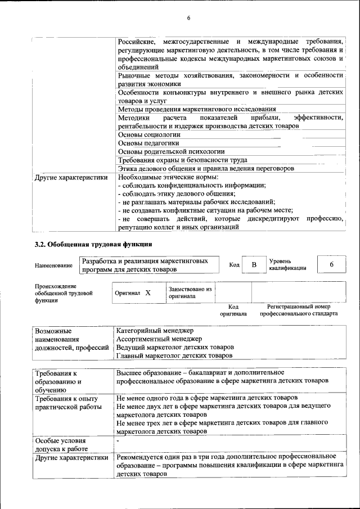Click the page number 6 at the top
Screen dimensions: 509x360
188,18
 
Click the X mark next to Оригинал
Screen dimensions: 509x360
148,293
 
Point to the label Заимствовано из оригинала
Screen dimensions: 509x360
190,292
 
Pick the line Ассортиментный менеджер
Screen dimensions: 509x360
159,339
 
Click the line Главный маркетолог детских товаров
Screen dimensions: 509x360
174,355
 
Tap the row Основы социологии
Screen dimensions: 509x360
149,134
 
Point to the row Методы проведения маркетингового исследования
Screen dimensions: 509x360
197,109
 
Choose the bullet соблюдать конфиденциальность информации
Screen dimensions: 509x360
192,185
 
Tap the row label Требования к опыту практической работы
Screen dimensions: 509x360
67,402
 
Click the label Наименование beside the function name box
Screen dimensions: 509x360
53,265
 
